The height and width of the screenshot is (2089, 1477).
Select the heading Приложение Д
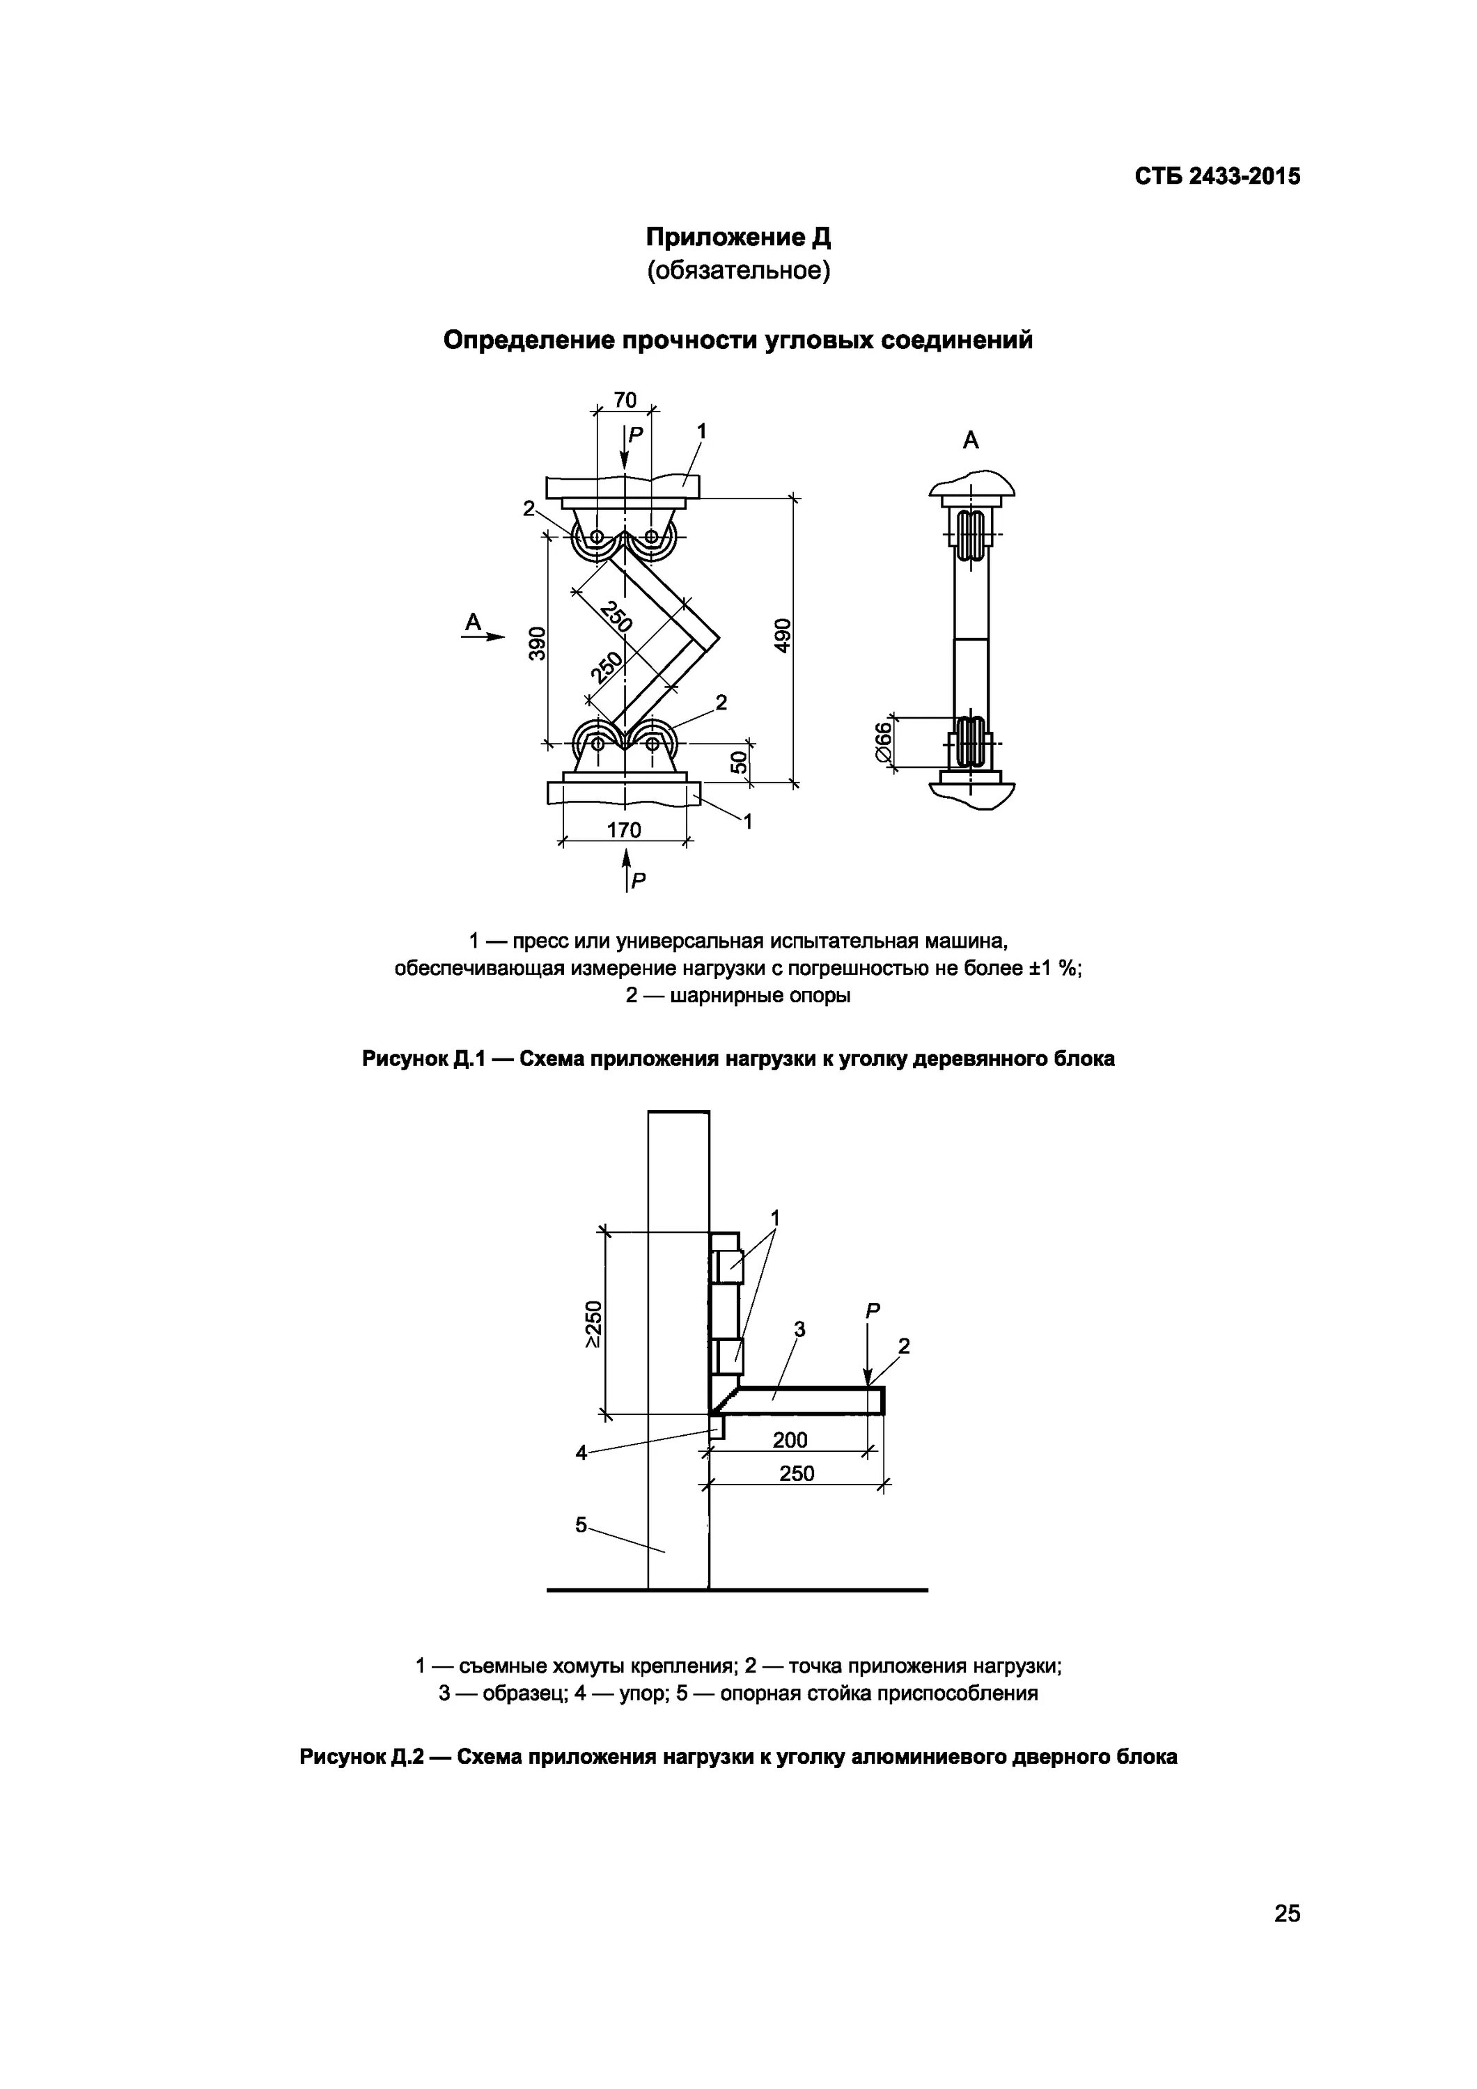click(x=738, y=237)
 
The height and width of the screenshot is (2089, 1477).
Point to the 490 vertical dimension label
click(x=783, y=634)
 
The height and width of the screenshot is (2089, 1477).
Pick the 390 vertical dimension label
click(x=537, y=643)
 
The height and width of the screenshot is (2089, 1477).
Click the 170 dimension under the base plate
click(x=624, y=830)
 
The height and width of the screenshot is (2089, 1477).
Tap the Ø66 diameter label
click(x=881, y=742)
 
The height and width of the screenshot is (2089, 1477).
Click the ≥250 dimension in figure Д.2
click(x=593, y=1324)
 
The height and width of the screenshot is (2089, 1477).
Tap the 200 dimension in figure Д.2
click(x=790, y=1440)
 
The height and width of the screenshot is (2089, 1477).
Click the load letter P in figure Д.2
click(x=873, y=1311)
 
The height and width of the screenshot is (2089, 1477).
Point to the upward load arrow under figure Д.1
click(x=626, y=864)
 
